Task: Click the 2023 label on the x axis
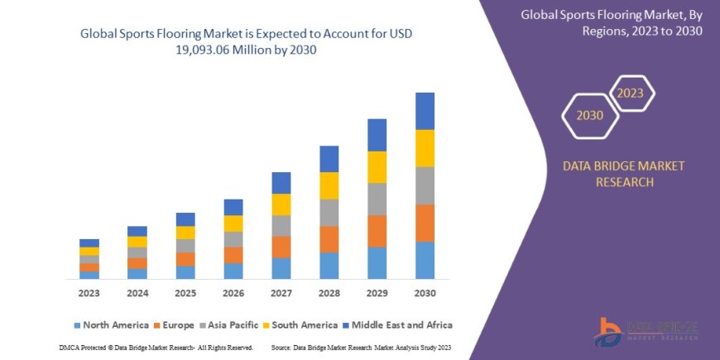[89, 293]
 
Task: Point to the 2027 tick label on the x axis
[281, 293]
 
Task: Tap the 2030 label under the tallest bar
[425, 293]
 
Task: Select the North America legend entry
[111, 325]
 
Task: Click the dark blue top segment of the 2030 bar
[425, 110]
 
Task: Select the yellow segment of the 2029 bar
[377, 166]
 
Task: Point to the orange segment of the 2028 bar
[329, 239]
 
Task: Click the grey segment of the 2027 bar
[281, 225]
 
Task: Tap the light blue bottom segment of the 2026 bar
[233, 271]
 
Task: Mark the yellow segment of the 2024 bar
[137, 242]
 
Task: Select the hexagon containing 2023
[631, 94]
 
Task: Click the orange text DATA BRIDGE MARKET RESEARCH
[623, 174]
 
